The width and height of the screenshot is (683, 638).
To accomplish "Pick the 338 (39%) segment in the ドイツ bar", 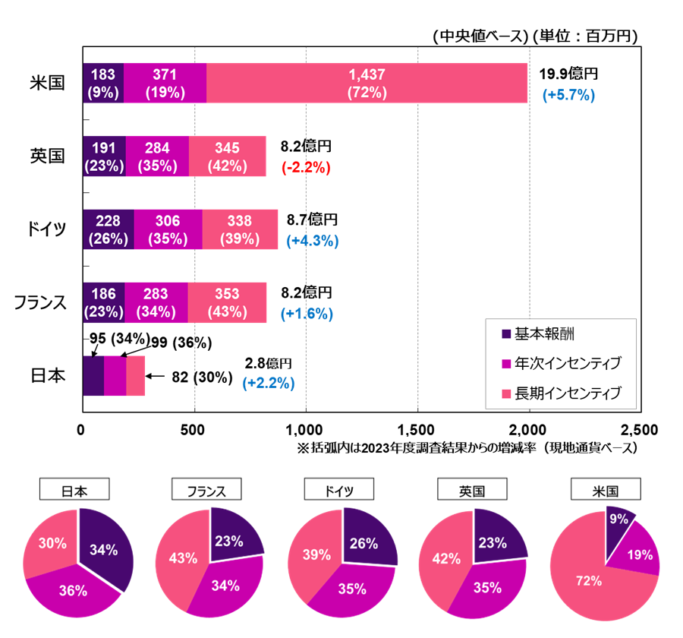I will coord(240,229).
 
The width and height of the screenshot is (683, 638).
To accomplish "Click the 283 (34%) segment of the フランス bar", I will coord(156,302).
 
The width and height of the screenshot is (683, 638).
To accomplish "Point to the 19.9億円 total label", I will coord(568,74).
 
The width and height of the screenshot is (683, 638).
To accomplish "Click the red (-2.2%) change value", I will coord(306,168).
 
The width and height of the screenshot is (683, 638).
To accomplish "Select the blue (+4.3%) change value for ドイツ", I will coord(313,241).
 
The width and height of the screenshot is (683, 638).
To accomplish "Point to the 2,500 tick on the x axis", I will coord(640,428).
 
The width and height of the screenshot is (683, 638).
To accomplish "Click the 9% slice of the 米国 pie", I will coord(618,523).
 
